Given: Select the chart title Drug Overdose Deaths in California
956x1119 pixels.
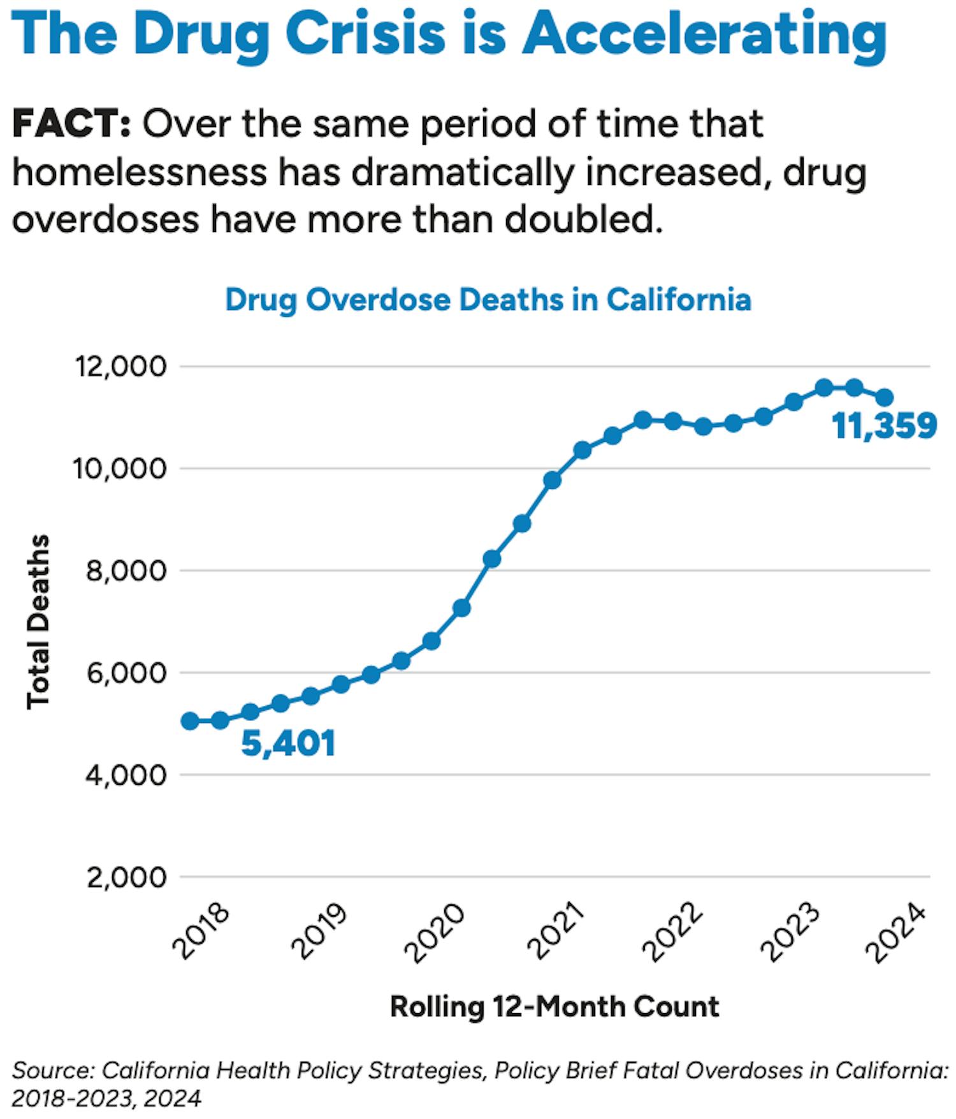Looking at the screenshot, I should (x=488, y=300).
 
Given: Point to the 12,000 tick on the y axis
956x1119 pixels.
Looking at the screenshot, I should (x=121, y=367).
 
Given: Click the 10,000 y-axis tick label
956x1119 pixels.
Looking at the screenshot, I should (x=121, y=469).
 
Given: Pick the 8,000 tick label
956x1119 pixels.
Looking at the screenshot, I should (x=126, y=571).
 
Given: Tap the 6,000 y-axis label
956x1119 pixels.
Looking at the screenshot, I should (x=126, y=673).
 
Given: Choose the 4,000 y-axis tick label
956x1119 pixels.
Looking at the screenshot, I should (x=126, y=775).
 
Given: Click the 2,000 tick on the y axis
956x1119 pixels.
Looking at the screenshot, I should (x=126, y=878).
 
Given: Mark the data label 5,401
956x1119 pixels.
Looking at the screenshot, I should (x=288, y=743).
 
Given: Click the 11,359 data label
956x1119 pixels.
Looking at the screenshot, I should (x=885, y=426).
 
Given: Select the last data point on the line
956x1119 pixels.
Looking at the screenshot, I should (x=885, y=398).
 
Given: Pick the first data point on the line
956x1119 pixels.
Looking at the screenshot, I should (x=190, y=721).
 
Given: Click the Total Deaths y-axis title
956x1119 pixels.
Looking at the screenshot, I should (x=38, y=621).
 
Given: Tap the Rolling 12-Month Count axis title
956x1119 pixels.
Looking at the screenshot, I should (x=554, y=1007).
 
